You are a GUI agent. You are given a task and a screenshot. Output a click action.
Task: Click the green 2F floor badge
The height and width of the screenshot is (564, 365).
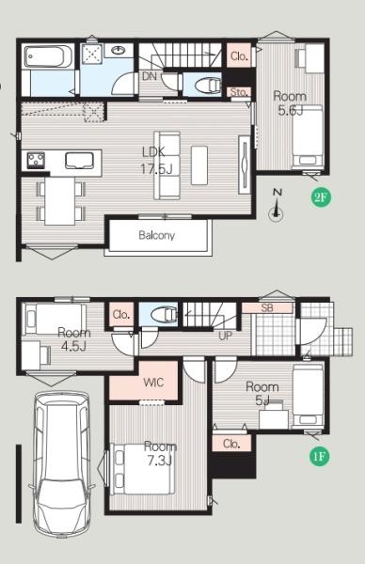click(x=321, y=196)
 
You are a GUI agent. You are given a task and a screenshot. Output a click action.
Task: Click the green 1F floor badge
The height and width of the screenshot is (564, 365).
click(x=319, y=456)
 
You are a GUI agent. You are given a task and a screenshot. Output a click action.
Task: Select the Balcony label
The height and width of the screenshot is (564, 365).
click(x=156, y=235)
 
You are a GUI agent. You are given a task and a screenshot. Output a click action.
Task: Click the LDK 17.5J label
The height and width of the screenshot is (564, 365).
click(x=156, y=160)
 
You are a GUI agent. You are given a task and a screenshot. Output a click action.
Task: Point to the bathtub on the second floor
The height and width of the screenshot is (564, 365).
click(x=48, y=56)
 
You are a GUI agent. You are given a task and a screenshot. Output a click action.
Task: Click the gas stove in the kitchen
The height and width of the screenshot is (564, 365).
click(x=36, y=160)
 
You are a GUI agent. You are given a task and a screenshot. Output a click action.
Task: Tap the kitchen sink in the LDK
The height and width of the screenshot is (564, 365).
click(x=79, y=161)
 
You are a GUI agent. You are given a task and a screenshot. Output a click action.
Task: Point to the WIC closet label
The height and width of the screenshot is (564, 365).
click(x=153, y=383)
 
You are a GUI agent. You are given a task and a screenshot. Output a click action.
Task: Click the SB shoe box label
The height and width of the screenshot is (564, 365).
click(x=267, y=307)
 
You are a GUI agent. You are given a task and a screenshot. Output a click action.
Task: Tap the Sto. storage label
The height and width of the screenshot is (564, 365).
click(x=239, y=92)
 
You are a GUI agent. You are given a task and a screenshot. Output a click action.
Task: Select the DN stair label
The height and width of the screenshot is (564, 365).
click(x=150, y=76)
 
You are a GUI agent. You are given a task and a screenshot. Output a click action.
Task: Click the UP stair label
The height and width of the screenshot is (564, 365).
click(x=226, y=336)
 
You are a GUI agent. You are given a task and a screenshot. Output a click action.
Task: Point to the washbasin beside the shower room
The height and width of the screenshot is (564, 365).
click(x=119, y=50)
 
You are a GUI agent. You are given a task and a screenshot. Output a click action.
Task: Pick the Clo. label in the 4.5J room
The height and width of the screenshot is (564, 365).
click(x=121, y=315)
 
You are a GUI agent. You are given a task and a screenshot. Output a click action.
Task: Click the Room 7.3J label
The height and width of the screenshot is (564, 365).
click(x=160, y=453)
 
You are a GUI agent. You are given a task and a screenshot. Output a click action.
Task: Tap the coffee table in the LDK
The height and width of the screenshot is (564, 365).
click(x=199, y=165)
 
